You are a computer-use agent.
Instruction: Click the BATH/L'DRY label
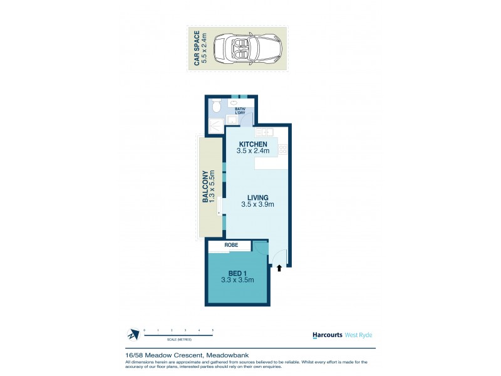pos(240,111)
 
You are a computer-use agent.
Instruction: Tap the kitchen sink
pos(262,132)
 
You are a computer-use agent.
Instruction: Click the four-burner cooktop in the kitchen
pos(282,149)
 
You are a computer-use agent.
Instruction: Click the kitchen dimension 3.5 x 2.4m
pos(252,151)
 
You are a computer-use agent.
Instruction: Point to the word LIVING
pos(257,197)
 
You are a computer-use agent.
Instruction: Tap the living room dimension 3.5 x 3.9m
pos(257,204)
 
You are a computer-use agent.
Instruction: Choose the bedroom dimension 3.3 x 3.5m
pos(237,280)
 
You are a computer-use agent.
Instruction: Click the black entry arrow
pos(279,268)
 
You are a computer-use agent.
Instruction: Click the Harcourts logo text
pos(327,335)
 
